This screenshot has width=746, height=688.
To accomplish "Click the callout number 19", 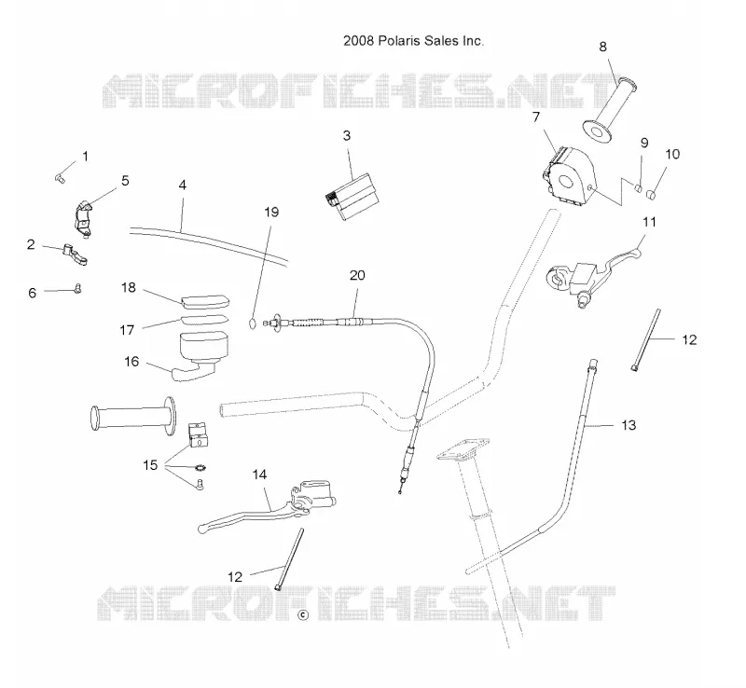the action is point(271,213).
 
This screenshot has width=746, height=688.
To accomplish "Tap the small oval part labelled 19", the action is point(253,323).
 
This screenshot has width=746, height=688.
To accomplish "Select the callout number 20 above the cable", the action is point(357,276).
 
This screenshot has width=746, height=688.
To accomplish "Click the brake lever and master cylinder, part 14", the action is point(267,507).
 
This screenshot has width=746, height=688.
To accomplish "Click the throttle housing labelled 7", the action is point(568,176).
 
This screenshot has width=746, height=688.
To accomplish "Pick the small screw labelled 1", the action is point(60,178).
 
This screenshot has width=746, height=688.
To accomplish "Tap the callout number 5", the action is point(125,181).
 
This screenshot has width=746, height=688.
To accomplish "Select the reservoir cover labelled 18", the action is point(205,302).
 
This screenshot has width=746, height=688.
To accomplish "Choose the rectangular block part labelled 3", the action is point(352,197).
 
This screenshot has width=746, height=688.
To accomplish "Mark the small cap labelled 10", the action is point(651,195).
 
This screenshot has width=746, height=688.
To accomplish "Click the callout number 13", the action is point(629,425).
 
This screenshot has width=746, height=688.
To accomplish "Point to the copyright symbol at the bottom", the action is point(302,614).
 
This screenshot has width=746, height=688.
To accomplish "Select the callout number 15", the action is point(150,465).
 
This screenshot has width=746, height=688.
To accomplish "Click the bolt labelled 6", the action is point(77,288).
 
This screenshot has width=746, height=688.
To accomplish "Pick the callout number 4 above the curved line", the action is point(183,186).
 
